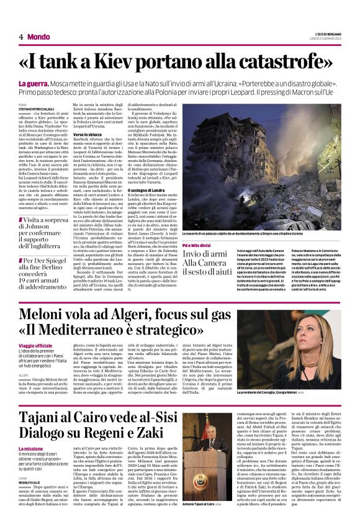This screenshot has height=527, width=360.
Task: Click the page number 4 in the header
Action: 20,37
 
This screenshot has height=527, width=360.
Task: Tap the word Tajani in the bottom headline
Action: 59,401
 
